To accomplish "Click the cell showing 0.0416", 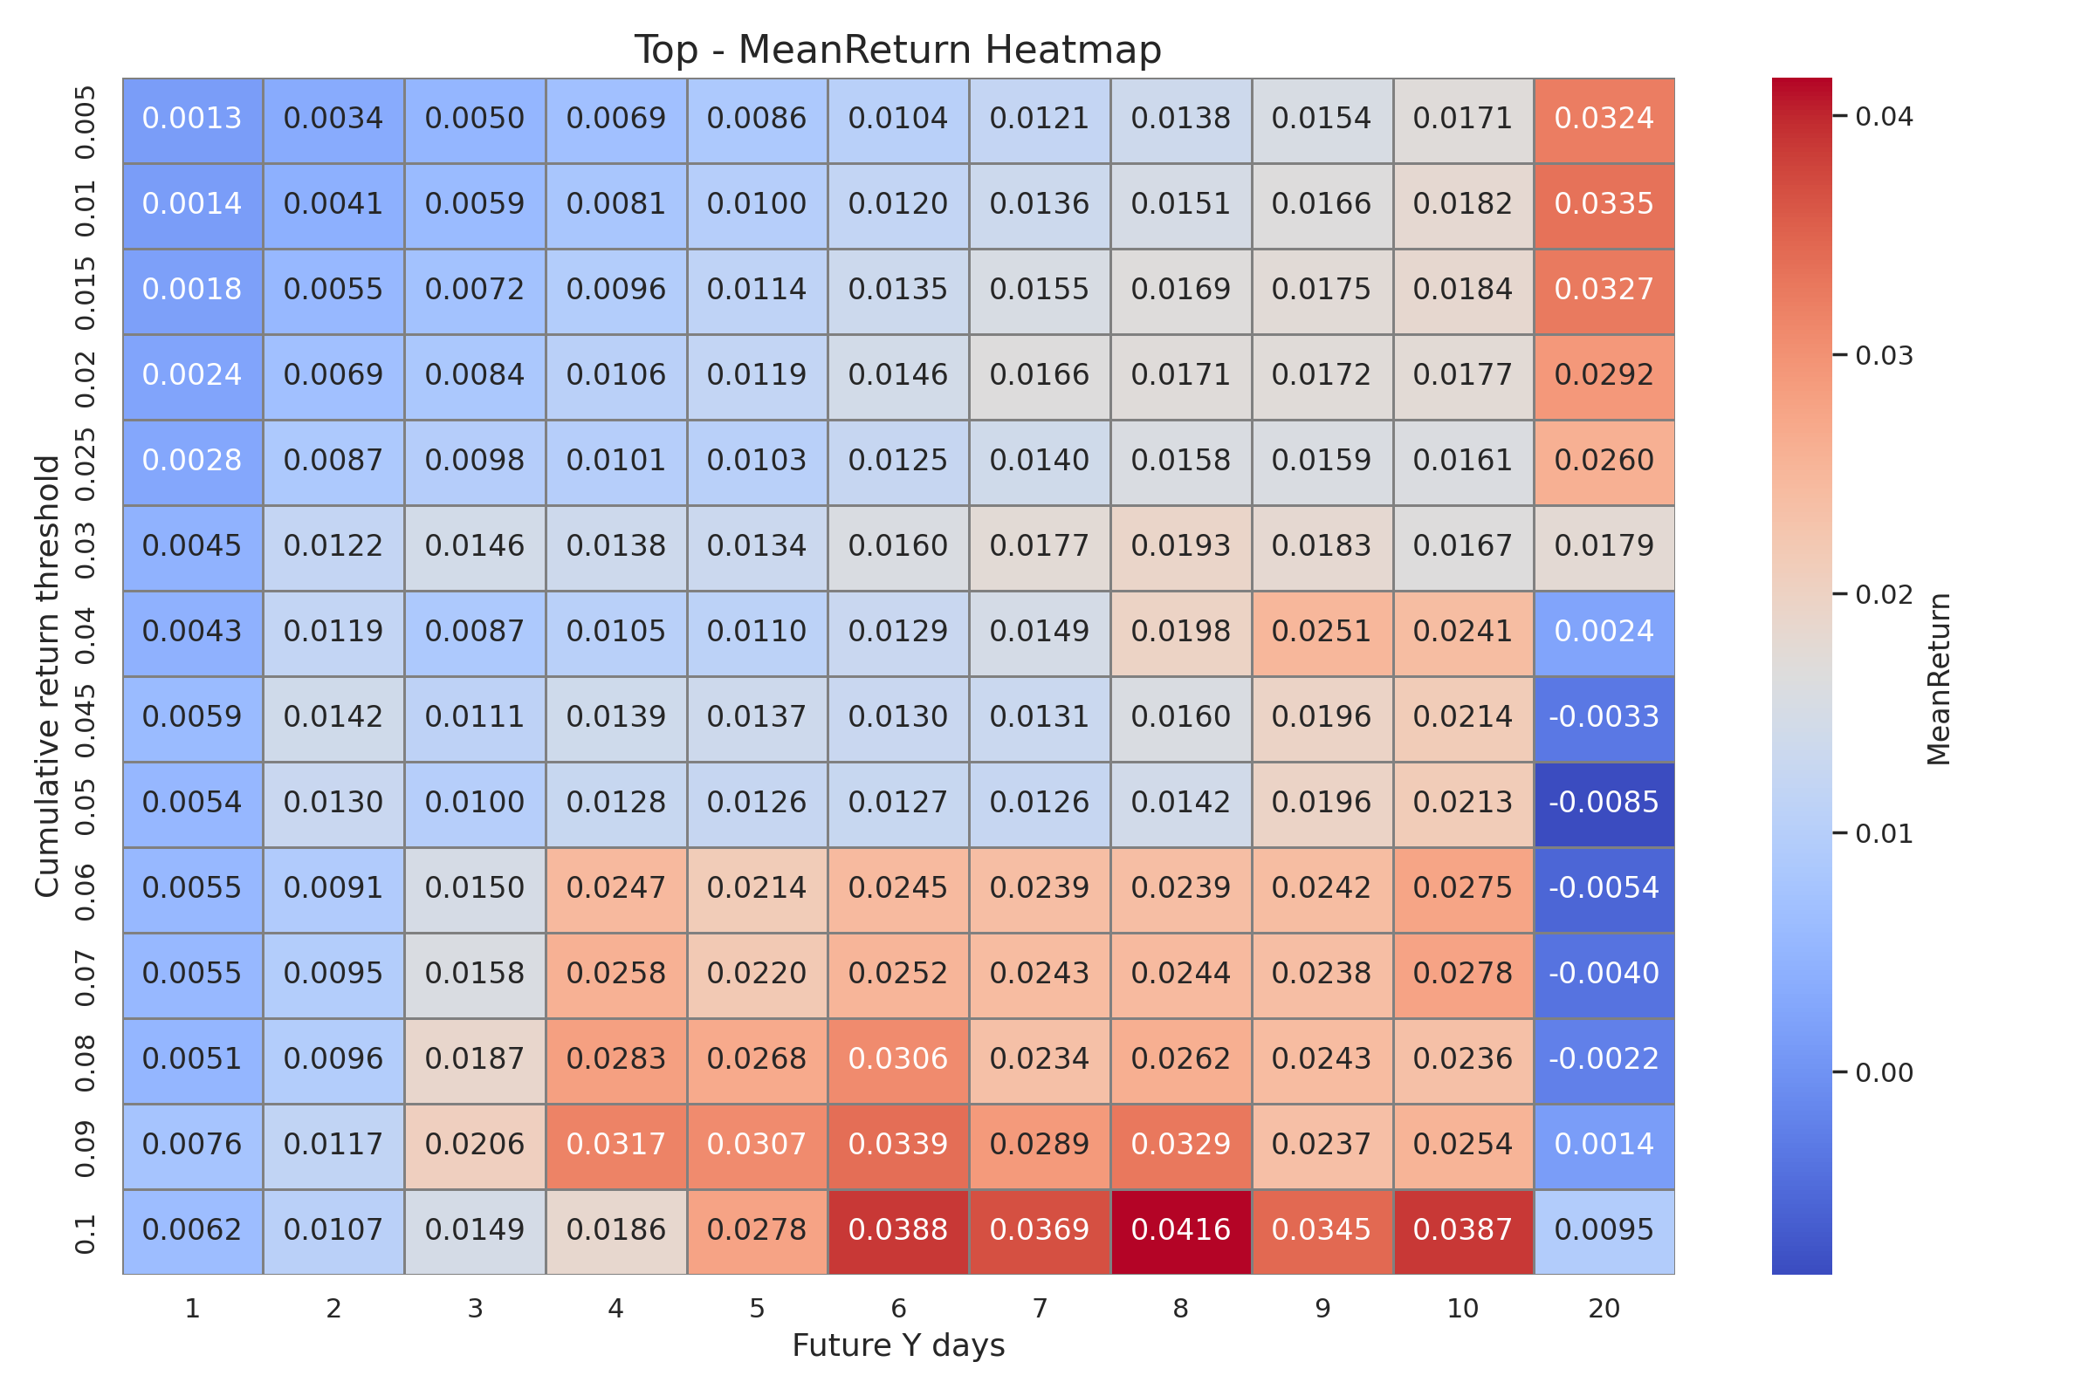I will click(x=1180, y=1229).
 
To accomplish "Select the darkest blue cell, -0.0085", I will click(x=1604, y=802).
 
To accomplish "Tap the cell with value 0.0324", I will click(x=1604, y=119).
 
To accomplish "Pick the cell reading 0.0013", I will click(x=192, y=119).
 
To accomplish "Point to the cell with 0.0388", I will click(x=898, y=1229).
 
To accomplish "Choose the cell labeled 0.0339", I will click(x=898, y=1144).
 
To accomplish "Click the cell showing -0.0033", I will click(x=1604, y=716).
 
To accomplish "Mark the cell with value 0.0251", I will click(x=1322, y=631).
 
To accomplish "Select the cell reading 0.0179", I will click(x=1604, y=546).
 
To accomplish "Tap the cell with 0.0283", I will click(x=615, y=1058).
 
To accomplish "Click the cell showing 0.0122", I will click(x=333, y=546).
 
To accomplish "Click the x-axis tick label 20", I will click(x=1604, y=1309).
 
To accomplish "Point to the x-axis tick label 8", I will click(x=1180, y=1309).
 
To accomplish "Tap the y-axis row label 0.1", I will click(x=85, y=1233).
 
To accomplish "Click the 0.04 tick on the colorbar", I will click(x=1884, y=117).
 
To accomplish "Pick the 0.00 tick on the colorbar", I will click(x=1884, y=1073).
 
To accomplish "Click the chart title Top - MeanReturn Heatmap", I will click(x=898, y=50).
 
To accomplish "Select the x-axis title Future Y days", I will click(x=898, y=1345).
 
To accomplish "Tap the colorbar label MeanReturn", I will click(x=1939, y=679).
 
